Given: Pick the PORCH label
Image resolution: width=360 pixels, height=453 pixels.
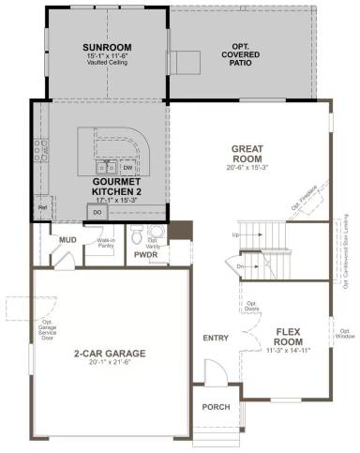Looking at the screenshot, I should pos(216,407).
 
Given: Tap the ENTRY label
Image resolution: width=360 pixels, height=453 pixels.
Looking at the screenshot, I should pos(216,339).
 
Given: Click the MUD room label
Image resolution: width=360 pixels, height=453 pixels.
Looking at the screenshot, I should pos(67,240).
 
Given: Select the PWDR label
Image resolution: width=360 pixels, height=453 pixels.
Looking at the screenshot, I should pos(145,254).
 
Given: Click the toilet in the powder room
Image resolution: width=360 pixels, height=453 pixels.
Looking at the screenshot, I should pos(135,234).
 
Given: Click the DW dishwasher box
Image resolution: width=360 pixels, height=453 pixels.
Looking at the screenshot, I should pos(127,170).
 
